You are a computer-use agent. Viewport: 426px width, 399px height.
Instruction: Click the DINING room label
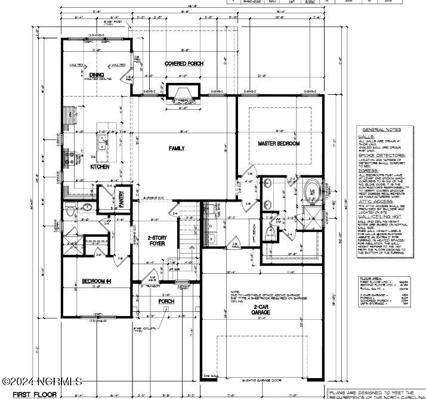click(x=97, y=75)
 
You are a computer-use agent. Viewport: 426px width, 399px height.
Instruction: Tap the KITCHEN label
click(x=100, y=167)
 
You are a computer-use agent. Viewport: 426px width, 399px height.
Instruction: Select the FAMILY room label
click(x=177, y=148)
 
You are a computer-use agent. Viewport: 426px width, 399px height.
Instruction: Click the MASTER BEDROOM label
click(x=279, y=144)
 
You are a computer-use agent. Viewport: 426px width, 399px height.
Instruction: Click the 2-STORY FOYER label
click(x=158, y=241)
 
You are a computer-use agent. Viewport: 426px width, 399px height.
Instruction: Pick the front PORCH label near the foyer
click(x=166, y=301)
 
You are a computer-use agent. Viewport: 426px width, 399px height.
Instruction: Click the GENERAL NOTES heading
click(x=381, y=129)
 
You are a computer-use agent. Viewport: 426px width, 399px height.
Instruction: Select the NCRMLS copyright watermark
click(x=42, y=381)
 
